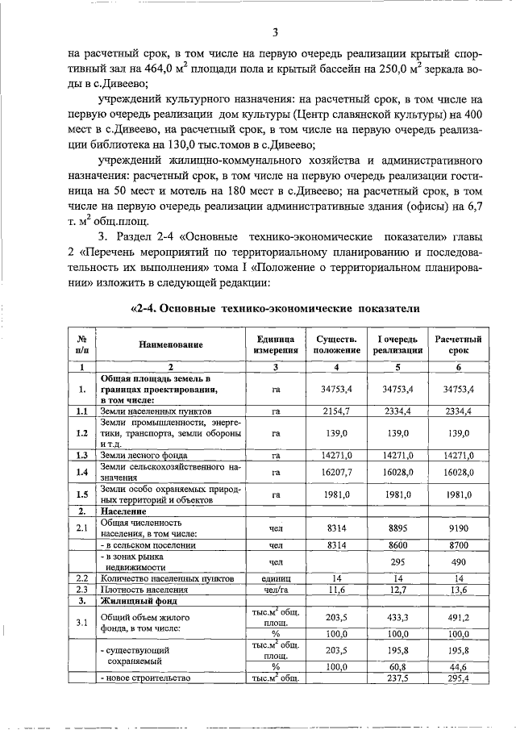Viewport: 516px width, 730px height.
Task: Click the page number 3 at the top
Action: click(275, 32)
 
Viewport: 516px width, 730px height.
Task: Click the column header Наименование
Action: click(170, 345)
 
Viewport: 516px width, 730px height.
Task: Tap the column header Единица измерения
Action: click(276, 345)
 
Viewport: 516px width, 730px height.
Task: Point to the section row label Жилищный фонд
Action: click(133, 601)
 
